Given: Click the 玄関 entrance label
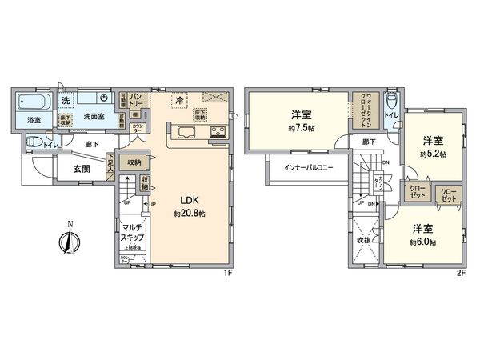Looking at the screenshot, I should click(x=82, y=168).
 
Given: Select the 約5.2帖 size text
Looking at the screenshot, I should click(x=434, y=153).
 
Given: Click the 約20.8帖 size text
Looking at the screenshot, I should click(x=190, y=214).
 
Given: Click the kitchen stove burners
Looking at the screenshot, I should click(x=218, y=132).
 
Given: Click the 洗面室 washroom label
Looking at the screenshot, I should click(x=96, y=116).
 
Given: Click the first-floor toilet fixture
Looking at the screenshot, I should click(x=33, y=142).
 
